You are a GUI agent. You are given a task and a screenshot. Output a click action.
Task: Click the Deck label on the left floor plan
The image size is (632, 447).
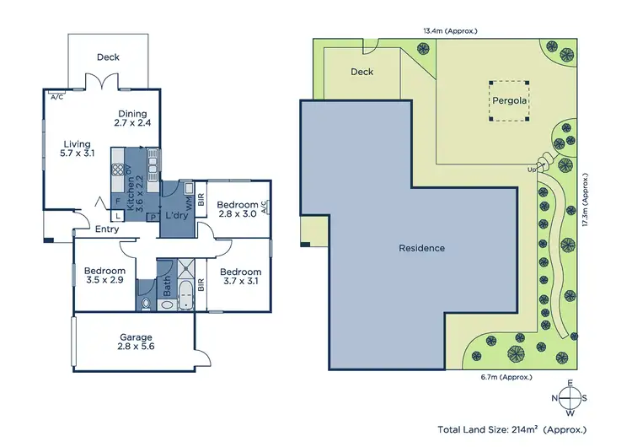(108, 57)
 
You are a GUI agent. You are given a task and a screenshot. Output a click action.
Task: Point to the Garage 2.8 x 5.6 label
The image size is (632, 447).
(136, 342)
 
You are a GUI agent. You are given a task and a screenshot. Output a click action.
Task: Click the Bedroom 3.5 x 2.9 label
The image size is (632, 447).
(104, 275)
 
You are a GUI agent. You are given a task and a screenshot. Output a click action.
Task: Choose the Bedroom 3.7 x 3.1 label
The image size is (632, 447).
(240, 277)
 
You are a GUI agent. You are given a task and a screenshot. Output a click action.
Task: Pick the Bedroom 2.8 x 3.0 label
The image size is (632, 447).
(237, 209)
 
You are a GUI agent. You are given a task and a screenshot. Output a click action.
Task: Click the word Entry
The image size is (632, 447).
(107, 229)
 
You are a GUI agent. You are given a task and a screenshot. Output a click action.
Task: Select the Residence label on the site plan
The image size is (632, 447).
(421, 248)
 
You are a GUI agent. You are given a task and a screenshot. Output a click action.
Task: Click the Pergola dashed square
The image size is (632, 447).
(509, 102)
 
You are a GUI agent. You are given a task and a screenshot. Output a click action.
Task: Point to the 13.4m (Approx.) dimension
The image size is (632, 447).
(450, 30)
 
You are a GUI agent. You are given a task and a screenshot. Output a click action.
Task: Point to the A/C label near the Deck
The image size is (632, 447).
(57, 97)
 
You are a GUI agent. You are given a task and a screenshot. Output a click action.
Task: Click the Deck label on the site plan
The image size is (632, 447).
(362, 72)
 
